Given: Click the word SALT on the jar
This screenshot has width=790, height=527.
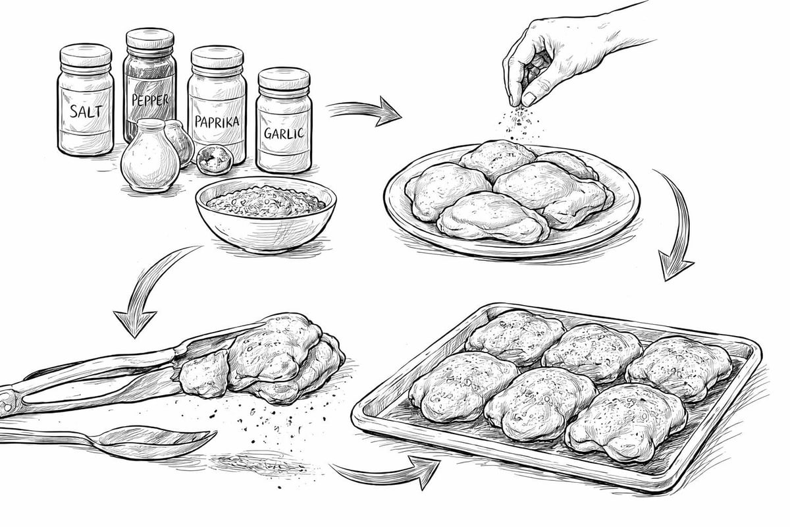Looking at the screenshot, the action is pyautogui.click(x=86, y=111).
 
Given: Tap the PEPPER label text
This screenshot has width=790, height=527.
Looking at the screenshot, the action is pyautogui.click(x=150, y=99).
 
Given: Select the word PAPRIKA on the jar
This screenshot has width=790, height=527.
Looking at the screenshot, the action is pyautogui.click(x=217, y=121).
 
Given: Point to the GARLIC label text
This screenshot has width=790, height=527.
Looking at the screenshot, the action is pyautogui.click(x=284, y=133).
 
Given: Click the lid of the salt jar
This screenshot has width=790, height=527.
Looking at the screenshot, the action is pyautogui.click(x=86, y=55).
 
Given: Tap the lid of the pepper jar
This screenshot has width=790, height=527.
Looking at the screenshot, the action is pyautogui.click(x=150, y=39).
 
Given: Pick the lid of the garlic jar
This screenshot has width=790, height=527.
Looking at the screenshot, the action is pyautogui.click(x=284, y=78).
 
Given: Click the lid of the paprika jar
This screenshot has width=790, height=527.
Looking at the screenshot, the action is pyautogui.click(x=217, y=57).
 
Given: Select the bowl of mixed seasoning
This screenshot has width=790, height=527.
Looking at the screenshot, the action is pyautogui.click(x=265, y=213).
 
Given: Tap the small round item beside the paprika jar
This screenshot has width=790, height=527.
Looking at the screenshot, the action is pyautogui.click(x=215, y=160).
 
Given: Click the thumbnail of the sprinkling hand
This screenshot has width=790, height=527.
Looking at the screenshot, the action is pyautogui.click(x=529, y=98).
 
